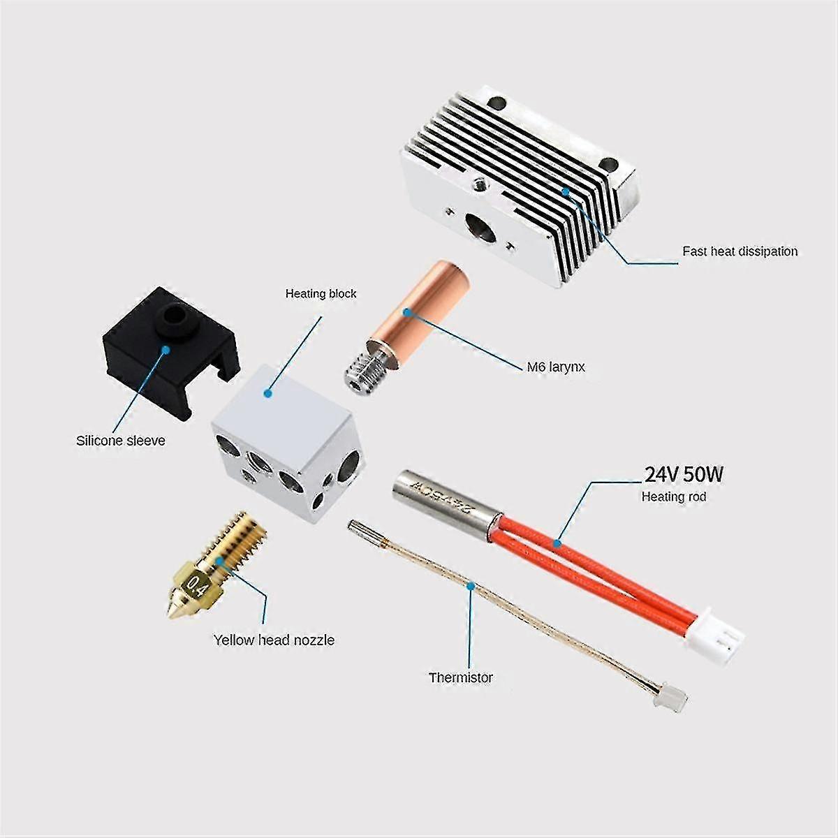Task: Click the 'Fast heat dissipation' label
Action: tap(740, 251)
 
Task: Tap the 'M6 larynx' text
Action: tap(556, 367)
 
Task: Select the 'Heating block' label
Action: tap(321, 294)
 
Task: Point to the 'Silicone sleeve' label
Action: tap(121, 441)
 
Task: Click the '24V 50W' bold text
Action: tap(684, 474)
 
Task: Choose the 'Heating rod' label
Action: tap(674, 497)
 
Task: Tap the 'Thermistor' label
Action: tap(460, 677)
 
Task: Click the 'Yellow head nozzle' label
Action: tap(274, 640)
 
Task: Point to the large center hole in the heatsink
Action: tap(480, 227)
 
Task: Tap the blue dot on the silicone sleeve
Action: tap(166, 338)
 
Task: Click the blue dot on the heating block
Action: tap(268, 393)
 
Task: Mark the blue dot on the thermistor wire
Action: tap(470, 586)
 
